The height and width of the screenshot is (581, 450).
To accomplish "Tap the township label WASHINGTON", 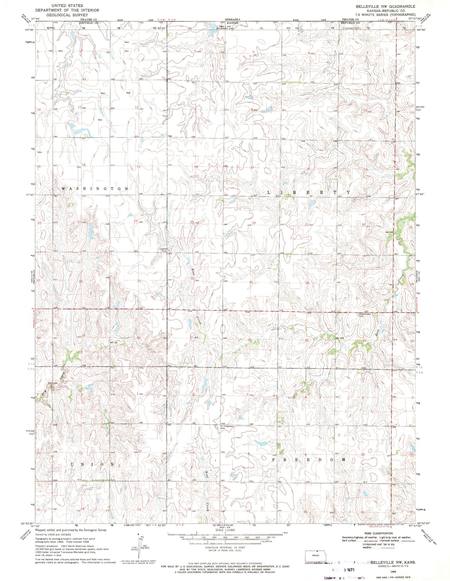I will point(95,188).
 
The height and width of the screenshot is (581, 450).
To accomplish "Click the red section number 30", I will point(192,278).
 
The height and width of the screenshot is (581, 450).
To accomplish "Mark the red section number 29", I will point(251,282).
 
